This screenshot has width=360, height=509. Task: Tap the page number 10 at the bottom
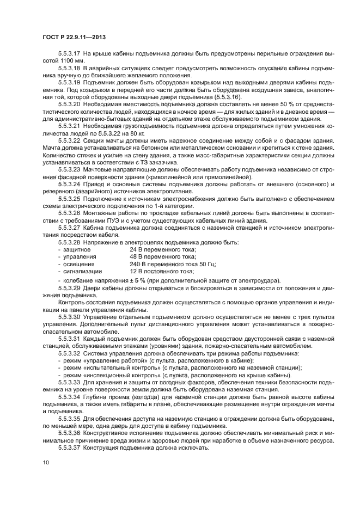pos(46,462)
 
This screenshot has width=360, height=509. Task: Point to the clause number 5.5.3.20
pos(70,103)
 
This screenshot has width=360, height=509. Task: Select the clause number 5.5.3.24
pos(70,187)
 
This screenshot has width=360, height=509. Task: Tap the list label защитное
pos(77,249)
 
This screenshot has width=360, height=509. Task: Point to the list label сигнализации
pos(82,270)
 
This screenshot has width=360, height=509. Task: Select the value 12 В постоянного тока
pos(161,270)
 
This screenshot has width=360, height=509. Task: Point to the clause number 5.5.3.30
pos(70,315)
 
